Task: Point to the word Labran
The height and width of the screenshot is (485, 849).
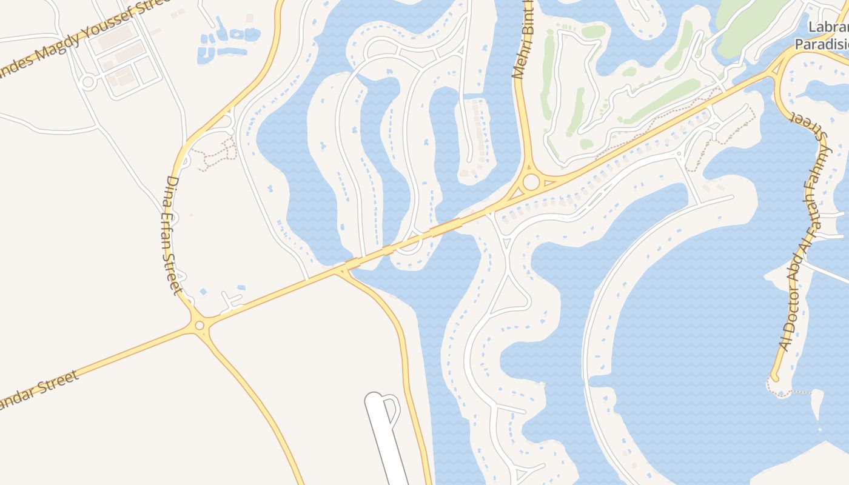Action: click(x=828, y=28)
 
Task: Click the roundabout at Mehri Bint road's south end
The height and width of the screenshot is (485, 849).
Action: click(x=531, y=181)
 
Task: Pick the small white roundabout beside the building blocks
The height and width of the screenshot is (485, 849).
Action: click(x=89, y=82)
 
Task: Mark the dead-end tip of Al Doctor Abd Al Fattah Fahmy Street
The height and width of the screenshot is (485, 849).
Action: click(x=774, y=378)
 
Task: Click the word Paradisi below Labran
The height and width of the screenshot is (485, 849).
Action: click(x=822, y=44)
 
